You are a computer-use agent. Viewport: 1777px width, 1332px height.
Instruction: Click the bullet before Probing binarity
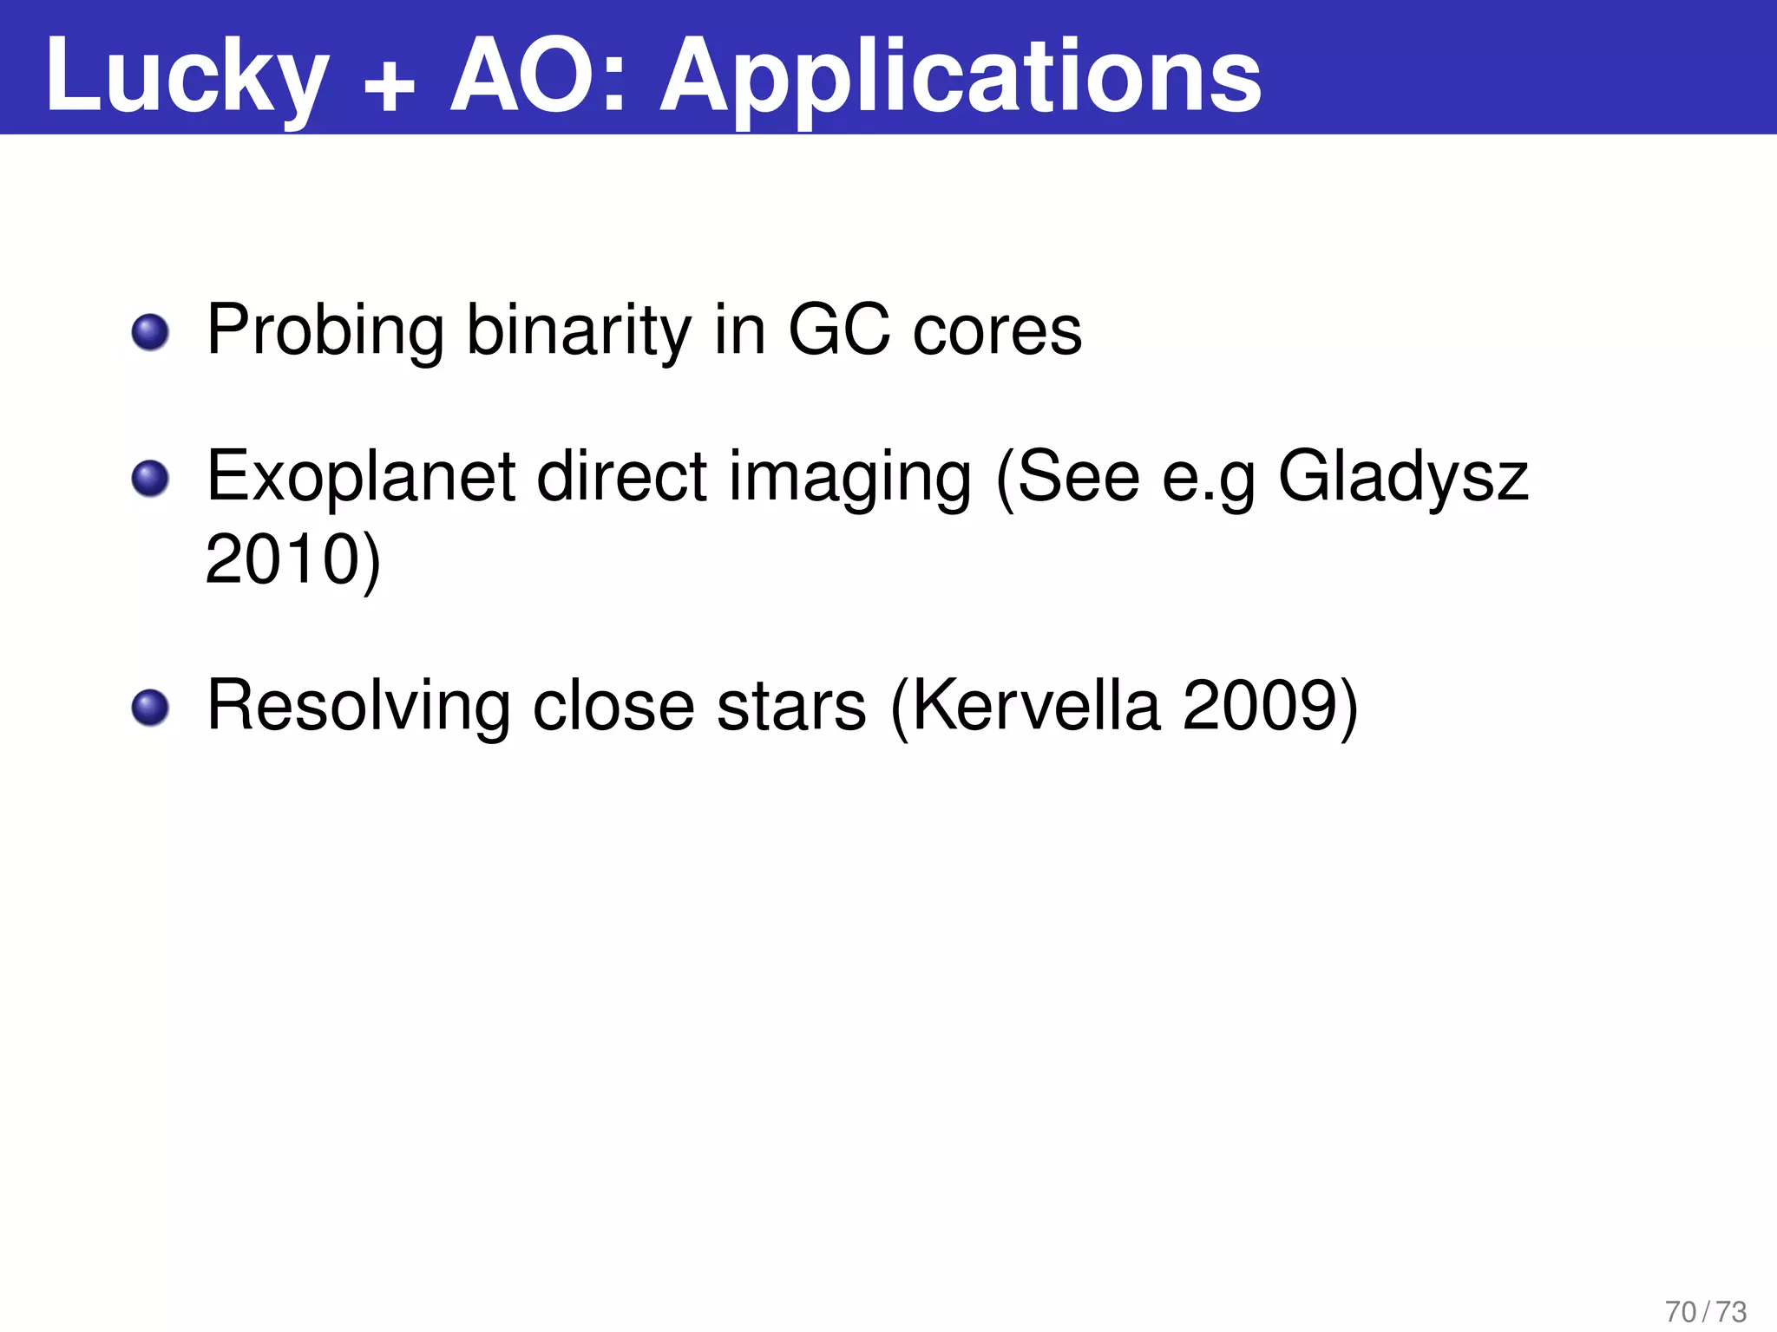point(150,332)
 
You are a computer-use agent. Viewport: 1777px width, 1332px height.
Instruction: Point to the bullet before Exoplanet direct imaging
point(150,479)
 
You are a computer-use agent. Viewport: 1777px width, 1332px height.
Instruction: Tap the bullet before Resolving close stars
point(150,708)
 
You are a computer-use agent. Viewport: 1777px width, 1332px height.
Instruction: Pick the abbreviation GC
point(839,330)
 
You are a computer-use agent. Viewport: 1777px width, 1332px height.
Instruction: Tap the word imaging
point(849,480)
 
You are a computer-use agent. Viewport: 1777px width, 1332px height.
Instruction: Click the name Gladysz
point(1403,478)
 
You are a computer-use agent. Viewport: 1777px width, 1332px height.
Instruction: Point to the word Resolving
point(358,707)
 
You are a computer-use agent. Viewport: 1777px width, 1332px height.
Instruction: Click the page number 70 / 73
point(1706,1312)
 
